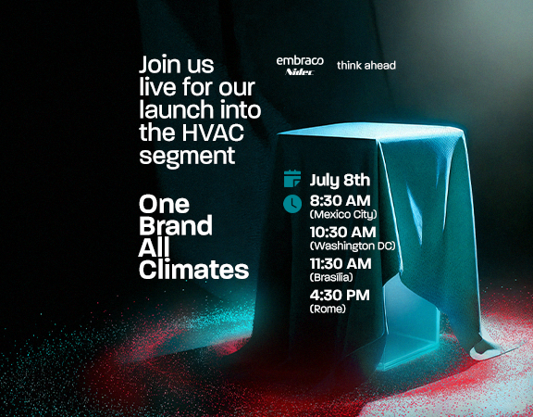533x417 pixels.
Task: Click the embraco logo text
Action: tap(300, 61)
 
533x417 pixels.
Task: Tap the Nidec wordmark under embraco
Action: tap(300, 72)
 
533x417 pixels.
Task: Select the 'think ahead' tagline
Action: tap(366, 65)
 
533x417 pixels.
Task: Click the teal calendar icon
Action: tap(292, 178)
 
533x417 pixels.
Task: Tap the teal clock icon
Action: tap(292, 204)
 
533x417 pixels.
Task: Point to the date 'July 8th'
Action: tap(340, 181)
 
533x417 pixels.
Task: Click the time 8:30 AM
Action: tap(340, 201)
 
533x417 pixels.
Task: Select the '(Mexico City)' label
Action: tap(343, 214)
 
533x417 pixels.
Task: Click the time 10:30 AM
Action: tap(342, 233)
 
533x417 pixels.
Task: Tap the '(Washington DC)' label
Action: tap(353, 246)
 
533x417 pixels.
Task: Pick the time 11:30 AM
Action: tap(341, 264)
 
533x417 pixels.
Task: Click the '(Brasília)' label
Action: tap(331, 277)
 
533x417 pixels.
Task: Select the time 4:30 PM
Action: tap(340, 295)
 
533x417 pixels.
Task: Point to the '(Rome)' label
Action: tap(328, 309)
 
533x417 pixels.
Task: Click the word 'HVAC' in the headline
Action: tap(213, 133)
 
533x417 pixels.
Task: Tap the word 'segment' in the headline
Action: tap(187, 156)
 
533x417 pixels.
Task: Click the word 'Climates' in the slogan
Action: tap(193, 270)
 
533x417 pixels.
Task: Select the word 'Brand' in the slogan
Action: tap(176, 225)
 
